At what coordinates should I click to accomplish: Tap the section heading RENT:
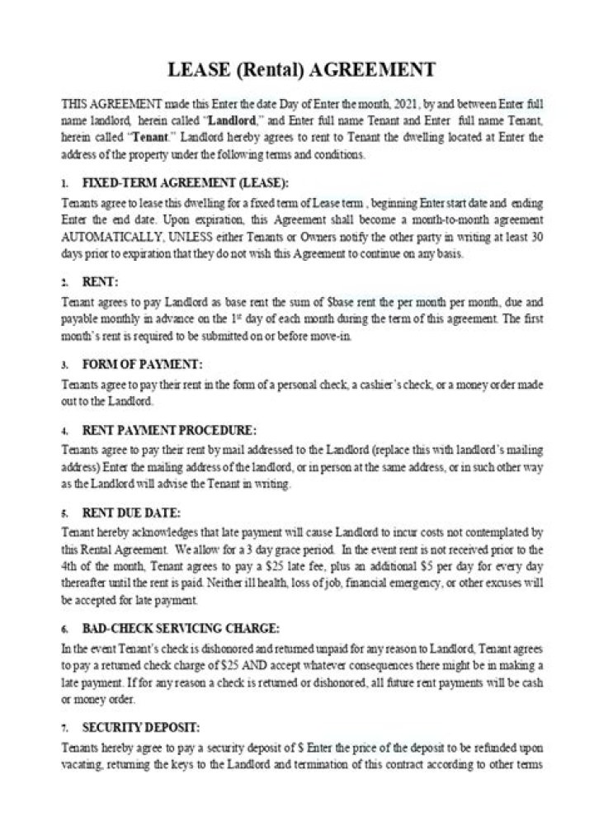[x=101, y=282]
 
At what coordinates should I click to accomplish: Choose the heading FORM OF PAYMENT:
[x=142, y=364]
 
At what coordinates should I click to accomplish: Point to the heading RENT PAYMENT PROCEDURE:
[x=169, y=430]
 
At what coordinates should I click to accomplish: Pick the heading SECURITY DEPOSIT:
[x=141, y=727]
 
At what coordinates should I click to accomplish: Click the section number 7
[x=64, y=729]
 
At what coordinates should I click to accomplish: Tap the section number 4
[x=64, y=432]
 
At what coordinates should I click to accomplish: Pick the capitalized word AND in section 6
[x=298, y=664]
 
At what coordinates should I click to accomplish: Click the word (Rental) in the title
[x=273, y=69]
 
